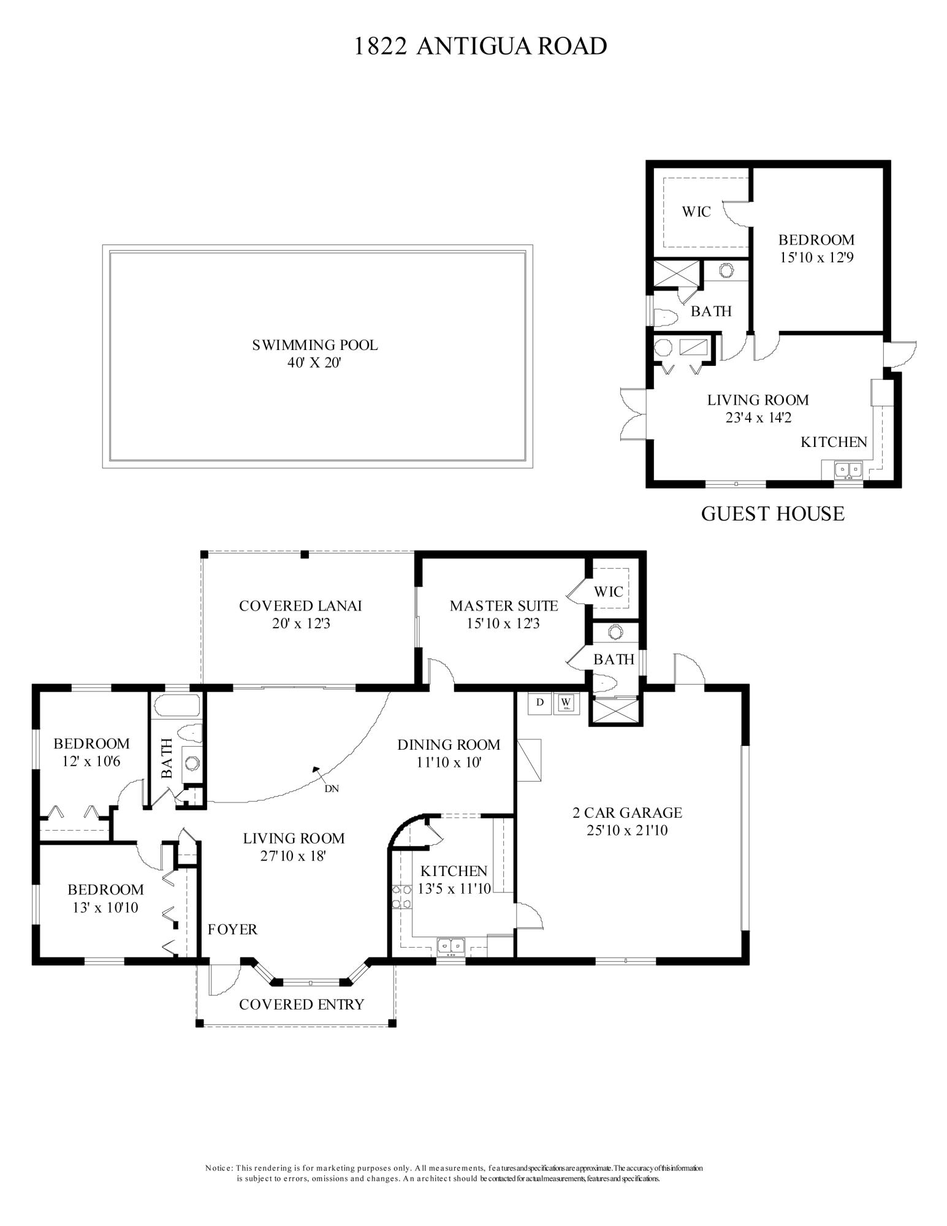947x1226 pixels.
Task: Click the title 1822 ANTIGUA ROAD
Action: click(x=481, y=46)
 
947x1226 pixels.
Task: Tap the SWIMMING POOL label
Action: click(x=315, y=345)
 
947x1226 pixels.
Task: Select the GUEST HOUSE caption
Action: click(x=772, y=513)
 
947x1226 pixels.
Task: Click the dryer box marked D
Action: click(x=540, y=702)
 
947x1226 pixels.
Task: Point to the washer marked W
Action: click(x=566, y=702)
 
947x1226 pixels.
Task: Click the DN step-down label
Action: click(x=332, y=788)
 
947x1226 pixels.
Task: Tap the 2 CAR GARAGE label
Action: click(x=627, y=813)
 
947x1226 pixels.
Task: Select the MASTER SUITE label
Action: click(x=504, y=606)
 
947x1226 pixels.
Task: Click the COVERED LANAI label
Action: click(x=300, y=606)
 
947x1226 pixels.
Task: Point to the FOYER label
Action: click(x=232, y=929)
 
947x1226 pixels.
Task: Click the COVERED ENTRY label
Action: click(x=302, y=1004)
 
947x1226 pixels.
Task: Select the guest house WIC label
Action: click(x=696, y=212)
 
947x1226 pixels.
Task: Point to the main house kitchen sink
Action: click(x=452, y=946)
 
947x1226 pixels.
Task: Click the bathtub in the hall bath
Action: click(x=177, y=706)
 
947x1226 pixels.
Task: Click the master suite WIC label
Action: click(x=609, y=592)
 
